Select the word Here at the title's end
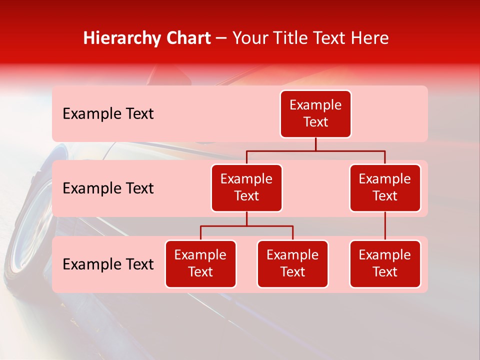tap(370, 38)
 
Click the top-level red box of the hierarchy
tap(315, 114)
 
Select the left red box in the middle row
tap(246, 188)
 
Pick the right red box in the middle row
tap(385, 188)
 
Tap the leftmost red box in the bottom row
tap(200, 264)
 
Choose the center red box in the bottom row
tap(292, 264)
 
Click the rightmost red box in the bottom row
tap(385, 264)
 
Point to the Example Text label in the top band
tap(108, 114)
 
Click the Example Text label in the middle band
tap(108, 188)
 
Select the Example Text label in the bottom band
tap(108, 264)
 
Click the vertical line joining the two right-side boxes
tap(385, 226)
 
